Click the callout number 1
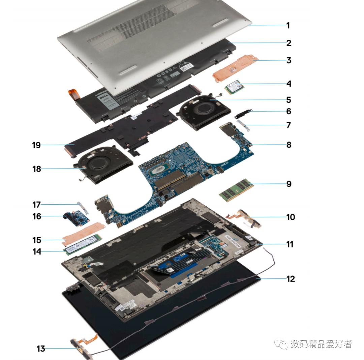click(x=288, y=25)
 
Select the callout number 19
click(x=36, y=145)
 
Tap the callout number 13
click(x=41, y=349)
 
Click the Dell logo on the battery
click(x=104, y=98)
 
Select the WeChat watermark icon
click(x=281, y=344)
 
